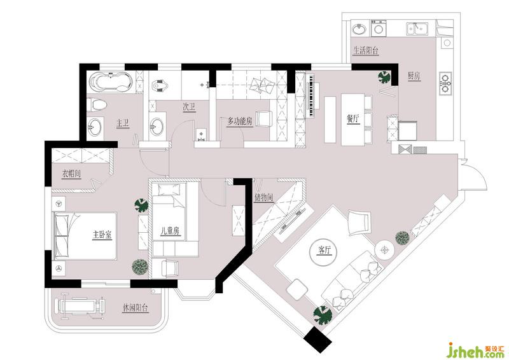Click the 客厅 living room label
point(326,251)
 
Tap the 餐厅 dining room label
point(353,119)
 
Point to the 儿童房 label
point(170,231)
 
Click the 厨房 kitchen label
point(414,76)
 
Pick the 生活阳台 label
point(366,51)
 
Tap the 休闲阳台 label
point(136,307)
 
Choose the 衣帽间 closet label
point(71,174)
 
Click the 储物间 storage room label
point(263,197)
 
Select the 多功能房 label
point(240,121)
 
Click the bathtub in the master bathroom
point(110,81)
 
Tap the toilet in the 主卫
point(97,105)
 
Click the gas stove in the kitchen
point(445,83)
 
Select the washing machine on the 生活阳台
point(379,28)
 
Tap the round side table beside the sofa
point(385,250)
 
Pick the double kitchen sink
point(417,28)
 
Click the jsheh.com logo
point(475,350)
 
